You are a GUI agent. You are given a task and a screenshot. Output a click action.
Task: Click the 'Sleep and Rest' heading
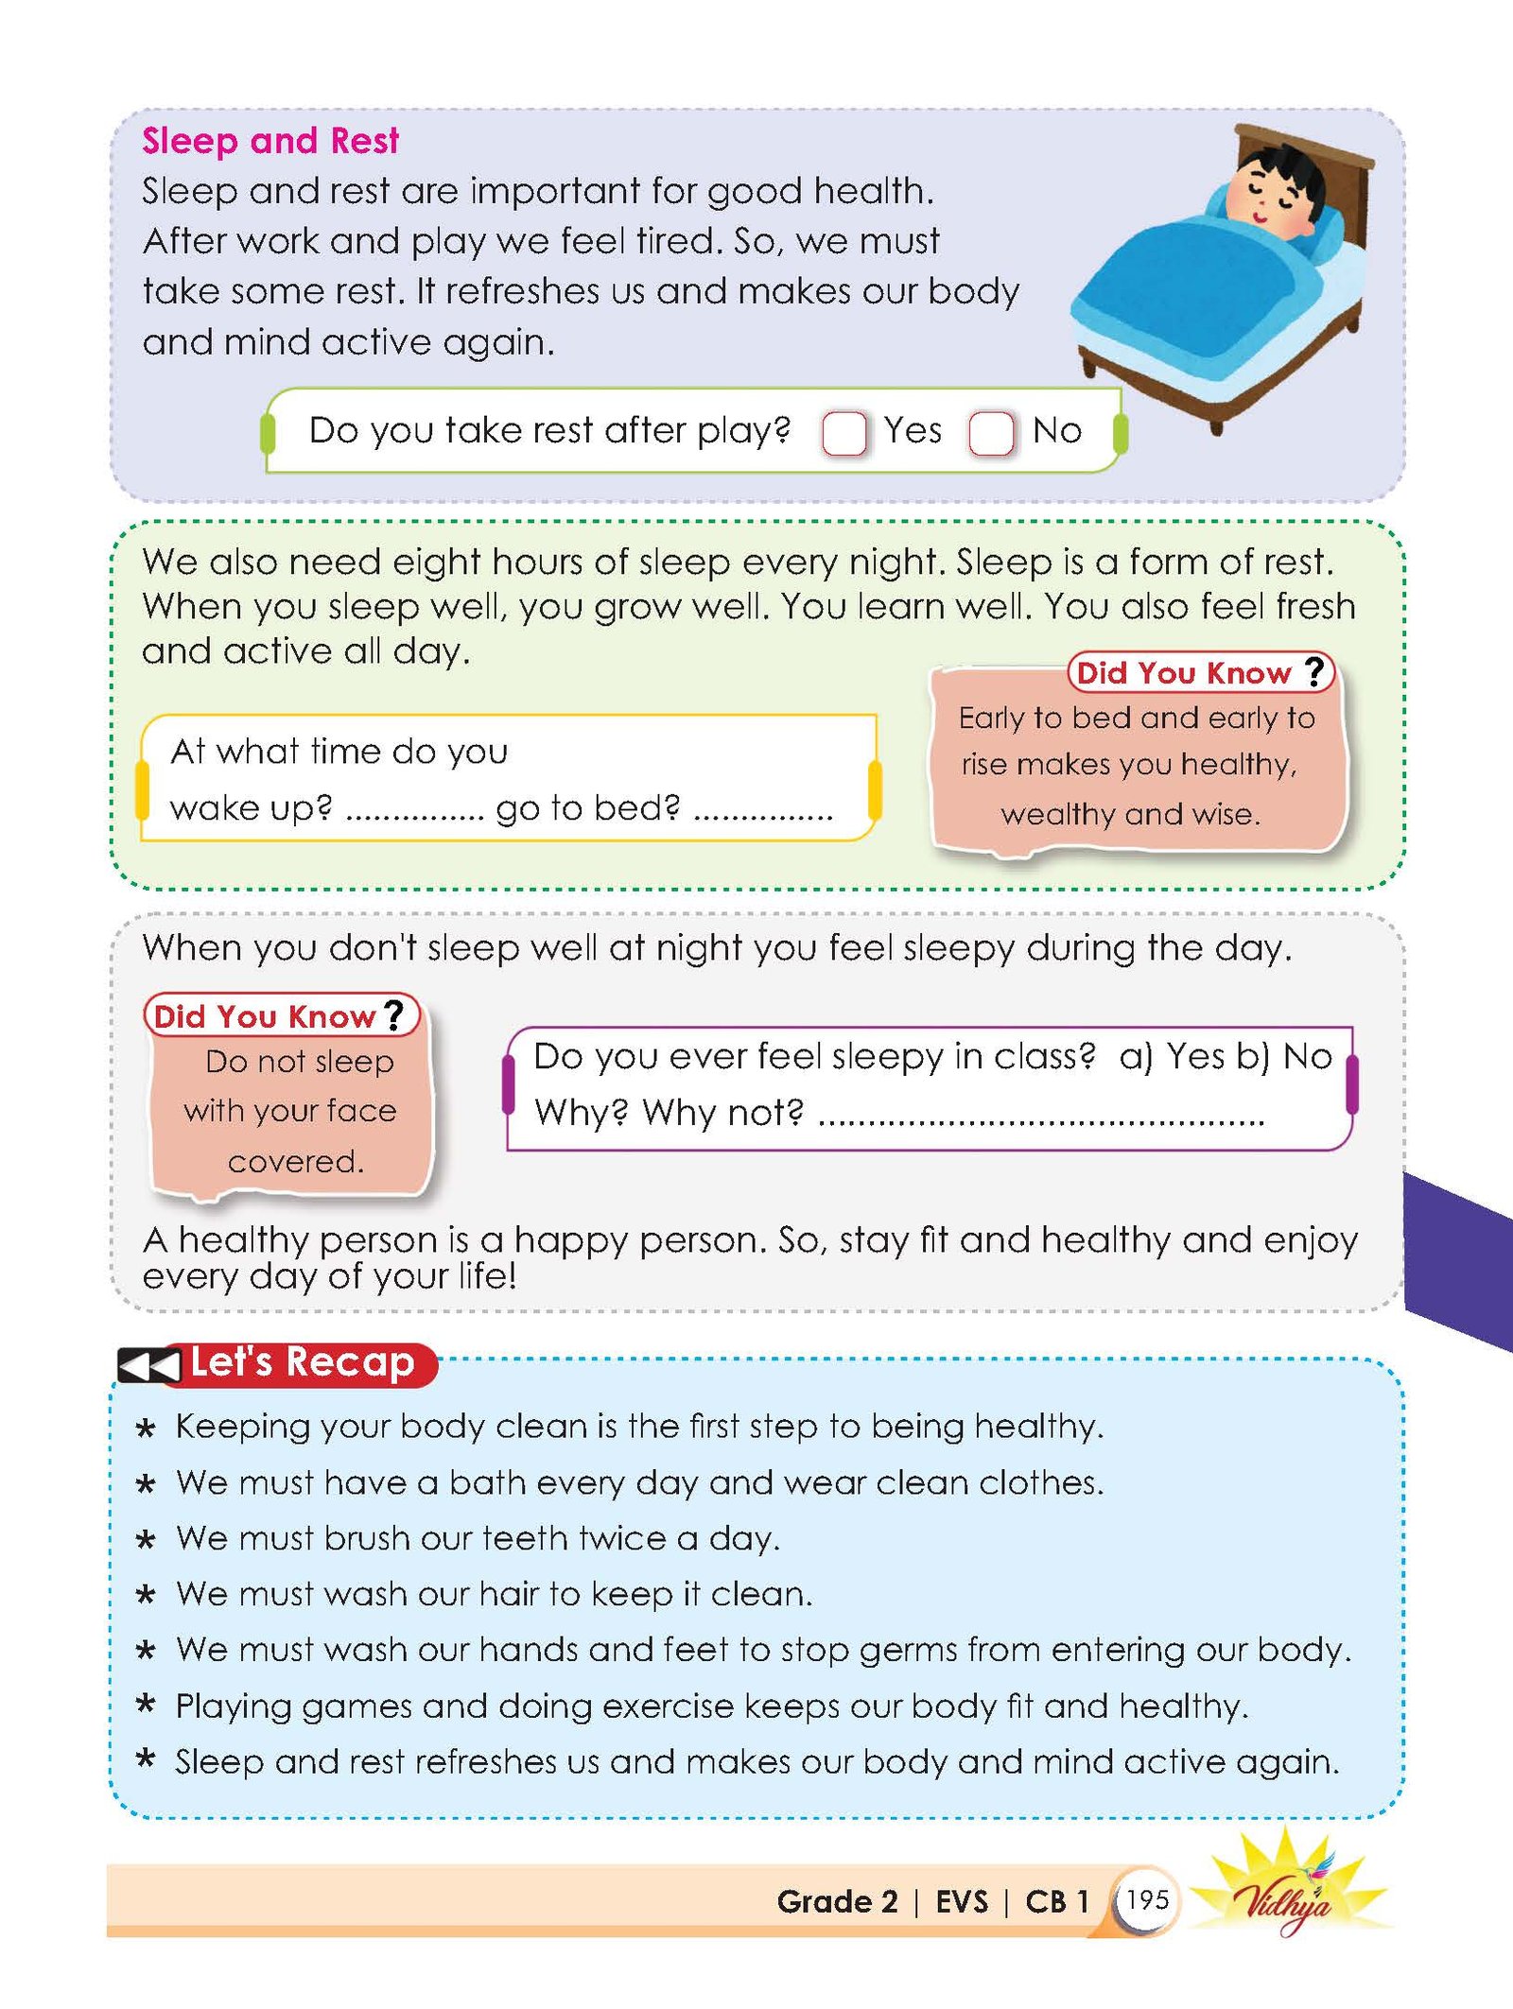(x=270, y=141)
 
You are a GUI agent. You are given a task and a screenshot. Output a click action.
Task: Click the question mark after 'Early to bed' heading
(x=1314, y=671)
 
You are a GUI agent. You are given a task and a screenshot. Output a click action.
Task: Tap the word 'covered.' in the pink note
(x=296, y=1161)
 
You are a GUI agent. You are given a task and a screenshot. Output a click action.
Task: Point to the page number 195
(x=1147, y=1899)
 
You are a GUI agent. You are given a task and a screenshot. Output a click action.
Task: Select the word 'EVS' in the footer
(x=961, y=1901)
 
